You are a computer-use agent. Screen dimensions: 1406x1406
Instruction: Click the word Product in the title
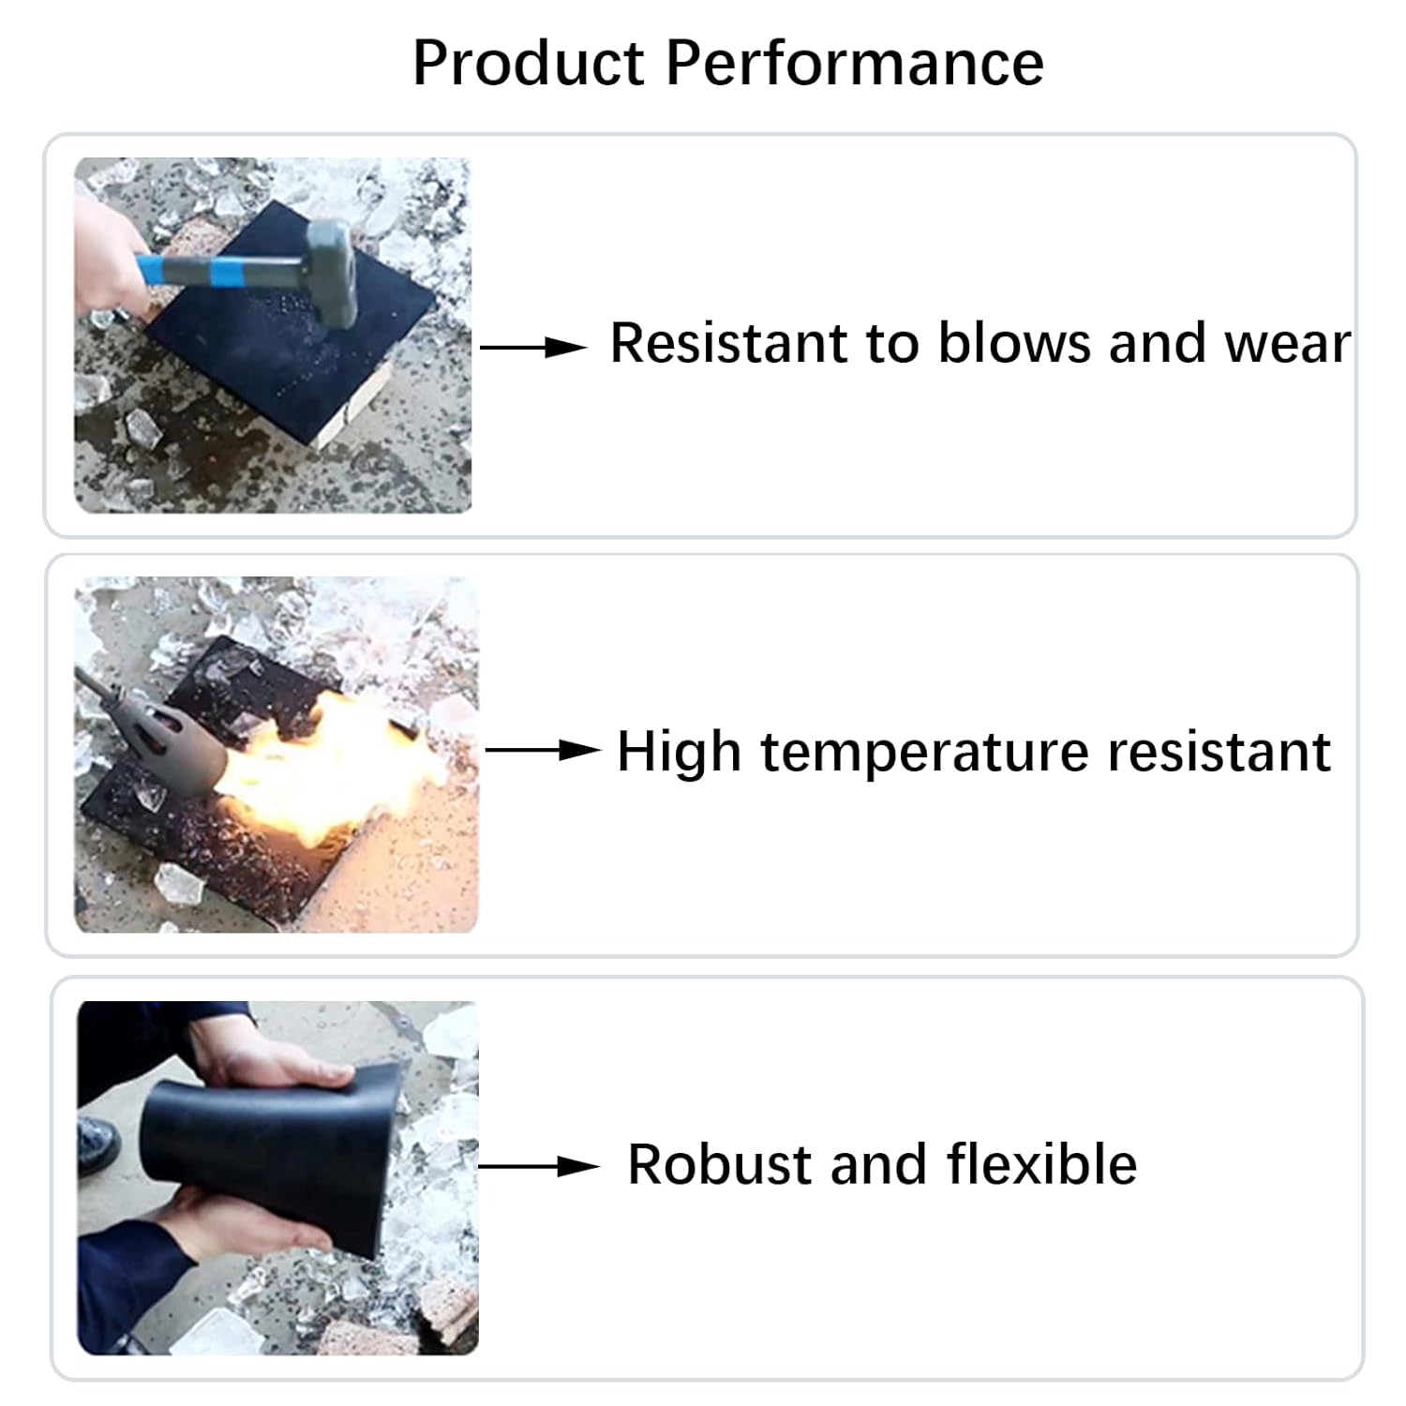point(528,64)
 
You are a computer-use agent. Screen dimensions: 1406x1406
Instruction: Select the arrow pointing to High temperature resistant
point(542,751)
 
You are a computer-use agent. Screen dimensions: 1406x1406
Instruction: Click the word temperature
point(925,752)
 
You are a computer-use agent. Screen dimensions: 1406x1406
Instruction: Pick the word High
point(679,752)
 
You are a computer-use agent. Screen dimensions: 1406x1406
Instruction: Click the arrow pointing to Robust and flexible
point(538,1167)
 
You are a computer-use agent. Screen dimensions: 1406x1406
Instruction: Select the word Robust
point(718,1165)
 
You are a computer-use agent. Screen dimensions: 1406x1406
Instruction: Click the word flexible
point(1041,1165)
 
